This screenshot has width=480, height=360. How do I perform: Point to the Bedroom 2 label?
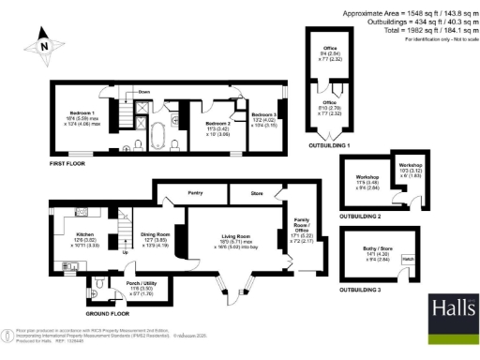pyautogui.click(x=217, y=123)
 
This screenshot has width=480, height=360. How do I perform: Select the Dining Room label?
pyautogui.click(x=155, y=234)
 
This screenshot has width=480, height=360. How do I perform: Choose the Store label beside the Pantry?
pyautogui.click(x=253, y=196)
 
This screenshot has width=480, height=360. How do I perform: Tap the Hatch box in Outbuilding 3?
pyautogui.click(x=408, y=258)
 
